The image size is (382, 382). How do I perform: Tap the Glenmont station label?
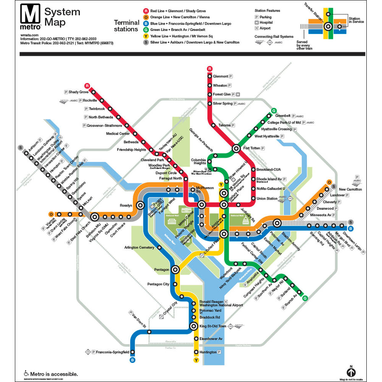[x=220, y=76]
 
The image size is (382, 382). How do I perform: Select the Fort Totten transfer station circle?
[x=236, y=149]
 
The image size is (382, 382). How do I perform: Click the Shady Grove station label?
[x=79, y=92]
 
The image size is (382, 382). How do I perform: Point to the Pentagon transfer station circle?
[x=175, y=269]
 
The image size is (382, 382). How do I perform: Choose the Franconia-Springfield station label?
[x=112, y=352]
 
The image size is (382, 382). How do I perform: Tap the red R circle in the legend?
[x=146, y=11]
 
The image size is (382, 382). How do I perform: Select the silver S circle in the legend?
[x=146, y=42]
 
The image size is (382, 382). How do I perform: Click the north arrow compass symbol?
[x=351, y=372]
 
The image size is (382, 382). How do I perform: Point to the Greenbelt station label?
[x=283, y=115]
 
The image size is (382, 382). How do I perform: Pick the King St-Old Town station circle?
[x=194, y=326]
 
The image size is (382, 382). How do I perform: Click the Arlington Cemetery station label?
[x=139, y=247]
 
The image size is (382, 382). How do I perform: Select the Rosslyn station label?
[x=126, y=205]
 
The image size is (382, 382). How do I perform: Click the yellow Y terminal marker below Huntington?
[x=196, y=360]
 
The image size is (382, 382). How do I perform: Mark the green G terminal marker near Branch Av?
[x=305, y=298]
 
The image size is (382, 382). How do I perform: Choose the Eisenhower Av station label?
[x=211, y=339]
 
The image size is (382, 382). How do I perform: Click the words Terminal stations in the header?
[x=126, y=25]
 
